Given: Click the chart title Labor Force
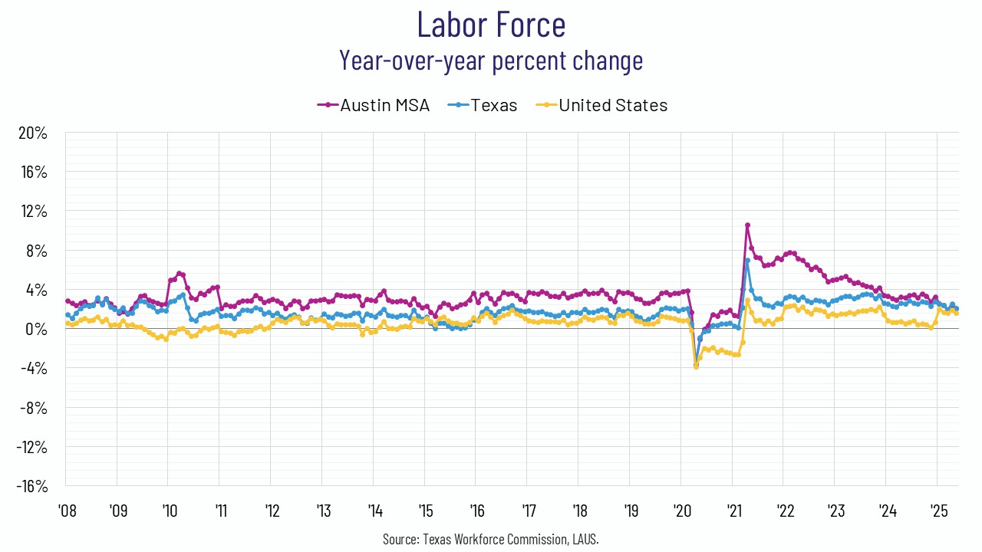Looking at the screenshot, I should click(491, 25).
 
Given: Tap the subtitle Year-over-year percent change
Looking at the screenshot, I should click(491, 60).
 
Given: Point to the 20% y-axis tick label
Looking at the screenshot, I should click(31, 133).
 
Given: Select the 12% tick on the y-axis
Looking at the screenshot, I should click(33, 211).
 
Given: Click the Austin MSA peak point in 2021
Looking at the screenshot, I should click(747, 225).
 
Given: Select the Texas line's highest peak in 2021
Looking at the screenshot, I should click(747, 261).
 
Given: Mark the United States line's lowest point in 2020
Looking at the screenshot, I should click(696, 366).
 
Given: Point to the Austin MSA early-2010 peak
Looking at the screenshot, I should click(179, 273).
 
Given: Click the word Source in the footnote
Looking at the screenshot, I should click(400, 540).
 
